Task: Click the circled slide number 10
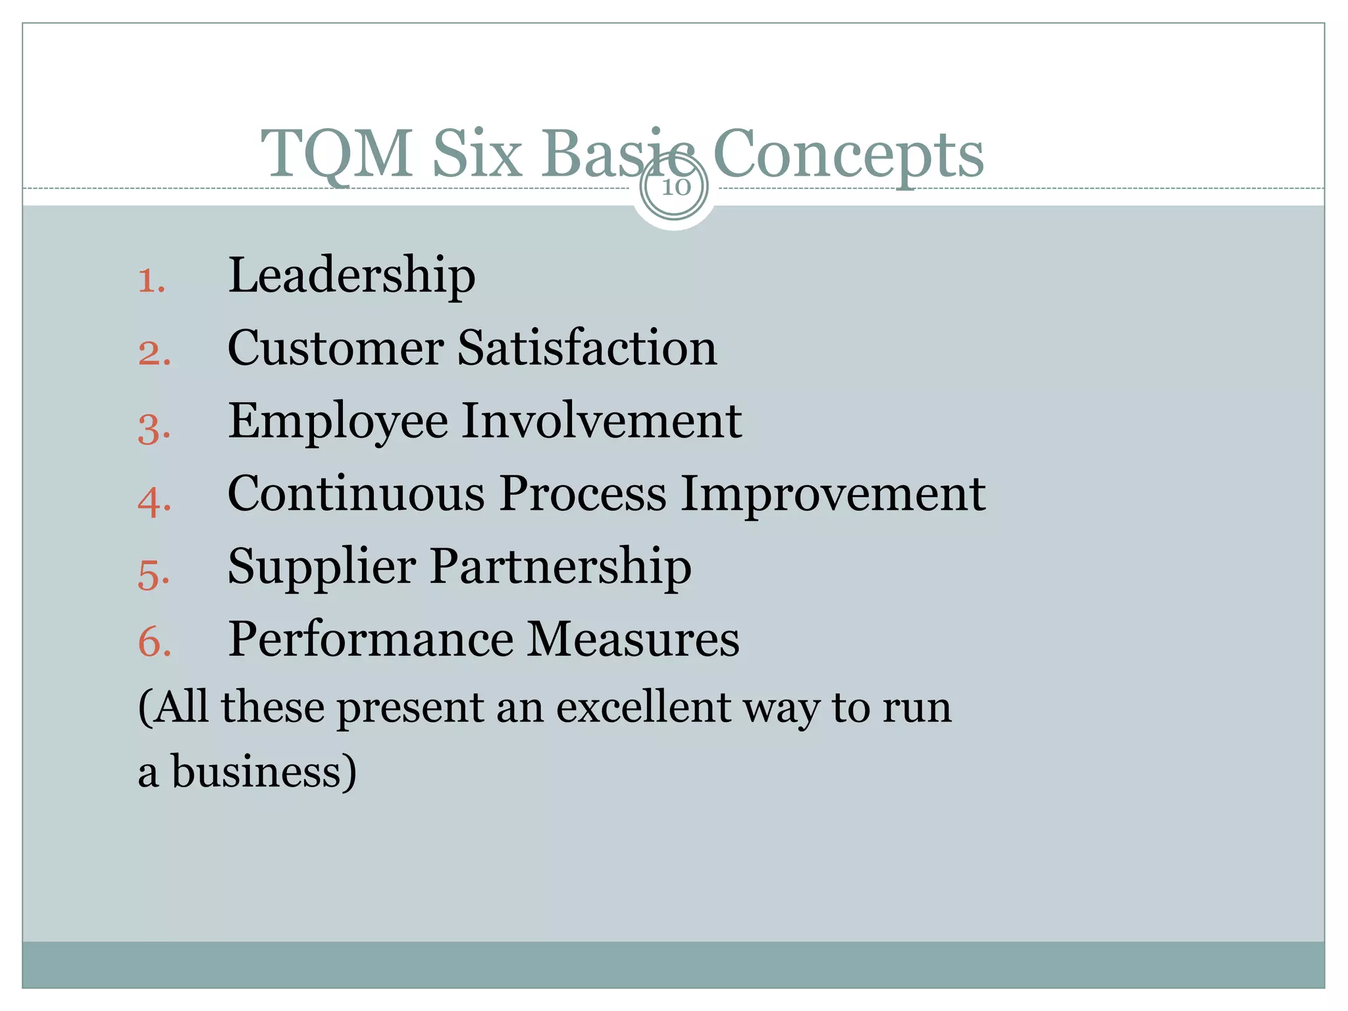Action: click(675, 187)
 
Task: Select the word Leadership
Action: click(351, 275)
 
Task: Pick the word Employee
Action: click(338, 421)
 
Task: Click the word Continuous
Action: click(356, 493)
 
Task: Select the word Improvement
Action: click(833, 493)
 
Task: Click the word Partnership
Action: click(561, 566)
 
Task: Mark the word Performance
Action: click(371, 639)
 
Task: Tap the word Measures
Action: click(633, 639)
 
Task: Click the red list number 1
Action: click(150, 282)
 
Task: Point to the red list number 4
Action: click(153, 502)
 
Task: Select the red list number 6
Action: click(154, 641)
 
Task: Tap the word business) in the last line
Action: click(264, 771)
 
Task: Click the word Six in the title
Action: click(477, 154)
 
